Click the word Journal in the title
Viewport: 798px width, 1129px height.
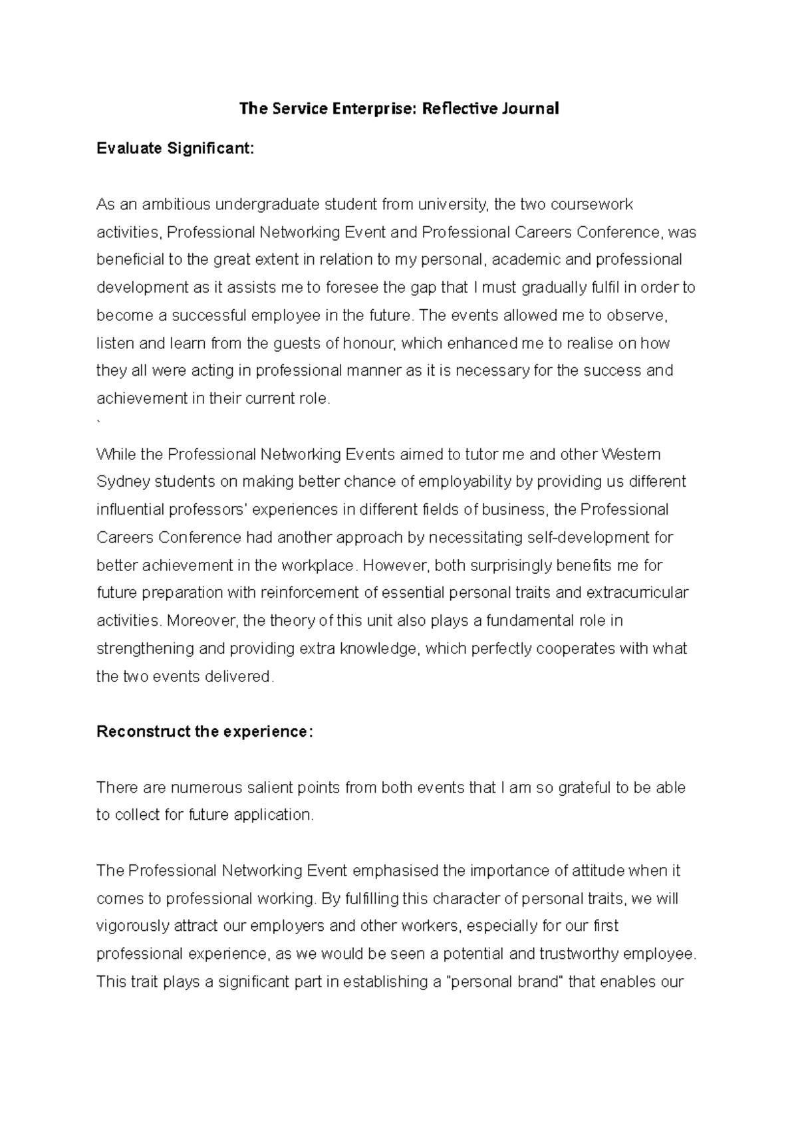pos(531,108)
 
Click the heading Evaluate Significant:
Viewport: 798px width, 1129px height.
pos(175,148)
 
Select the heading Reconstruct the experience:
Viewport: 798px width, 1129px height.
pos(204,732)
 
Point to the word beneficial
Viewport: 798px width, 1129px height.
pos(129,259)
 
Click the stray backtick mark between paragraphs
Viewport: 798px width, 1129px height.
pos(99,423)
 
